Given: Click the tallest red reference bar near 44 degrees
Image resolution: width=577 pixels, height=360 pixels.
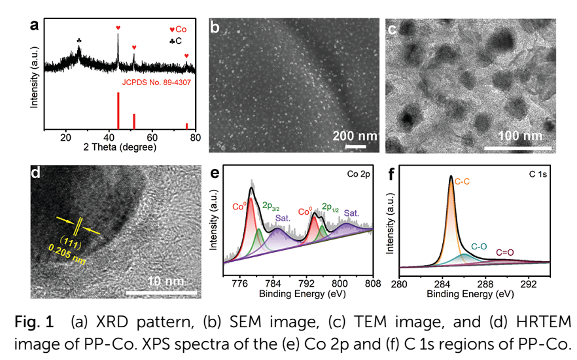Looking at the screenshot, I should coord(118,111).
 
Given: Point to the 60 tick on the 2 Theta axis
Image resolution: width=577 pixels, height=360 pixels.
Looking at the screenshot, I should coord(152,137).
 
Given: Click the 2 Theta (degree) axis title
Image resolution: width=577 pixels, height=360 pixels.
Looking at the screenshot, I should coord(120,147).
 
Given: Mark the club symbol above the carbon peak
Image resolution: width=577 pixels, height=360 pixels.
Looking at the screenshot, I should coord(79,41).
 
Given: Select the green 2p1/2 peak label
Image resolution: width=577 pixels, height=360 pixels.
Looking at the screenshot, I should coord(332,206).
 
